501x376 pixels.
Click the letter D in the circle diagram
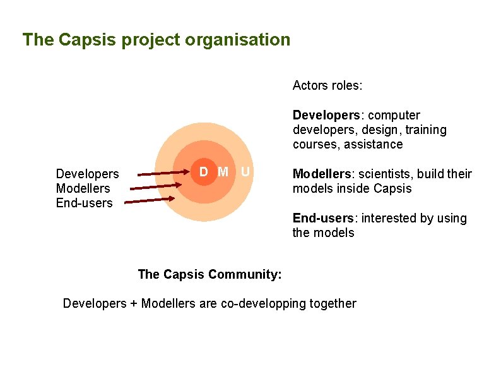(204, 172)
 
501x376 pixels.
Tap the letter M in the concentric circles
(223, 172)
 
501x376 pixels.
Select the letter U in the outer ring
(245, 172)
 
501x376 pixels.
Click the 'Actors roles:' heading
(327, 85)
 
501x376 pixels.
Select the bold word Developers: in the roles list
(325, 116)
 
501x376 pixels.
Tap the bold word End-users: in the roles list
(322, 219)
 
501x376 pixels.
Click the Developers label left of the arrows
(87, 174)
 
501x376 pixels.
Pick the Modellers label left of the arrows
(83, 188)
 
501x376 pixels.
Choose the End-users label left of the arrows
(84, 203)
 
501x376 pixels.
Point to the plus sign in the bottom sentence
(133, 304)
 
